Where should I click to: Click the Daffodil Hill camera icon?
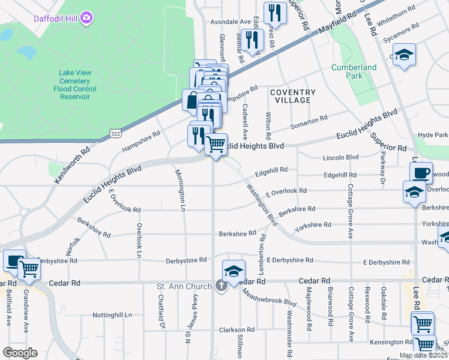point(87,18)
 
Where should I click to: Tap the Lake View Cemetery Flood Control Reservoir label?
point(75,85)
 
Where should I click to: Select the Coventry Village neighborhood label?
point(292,96)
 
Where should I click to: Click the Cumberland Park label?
point(354,72)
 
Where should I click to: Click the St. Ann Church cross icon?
point(221,286)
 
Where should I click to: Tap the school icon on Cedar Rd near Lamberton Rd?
point(234,271)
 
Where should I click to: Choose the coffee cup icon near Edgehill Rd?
point(421,172)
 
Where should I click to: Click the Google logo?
point(20,353)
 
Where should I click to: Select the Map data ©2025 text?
point(423,355)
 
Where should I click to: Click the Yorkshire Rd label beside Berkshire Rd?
point(313,225)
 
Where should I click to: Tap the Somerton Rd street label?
point(309,122)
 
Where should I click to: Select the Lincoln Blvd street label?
point(340,157)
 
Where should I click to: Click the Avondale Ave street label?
point(229,22)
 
